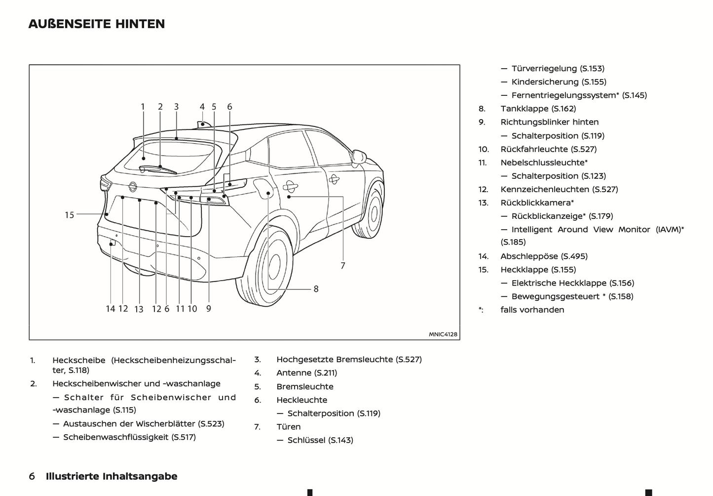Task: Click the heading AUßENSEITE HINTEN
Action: pos(97,24)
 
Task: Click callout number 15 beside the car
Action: pos(70,215)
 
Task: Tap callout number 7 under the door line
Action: pos(343,266)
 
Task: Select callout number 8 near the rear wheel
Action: pos(316,289)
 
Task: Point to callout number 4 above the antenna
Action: pos(202,107)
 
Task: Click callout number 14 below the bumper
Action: pos(110,309)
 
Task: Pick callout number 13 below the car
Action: pos(139,309)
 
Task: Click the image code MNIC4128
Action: pos(443,334)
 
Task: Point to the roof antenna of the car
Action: pos(203,123)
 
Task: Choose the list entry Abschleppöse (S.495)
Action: pos(544,256)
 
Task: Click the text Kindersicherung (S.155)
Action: pos(559,82)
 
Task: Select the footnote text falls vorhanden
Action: pos(532,310)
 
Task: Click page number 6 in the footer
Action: pos(32,476)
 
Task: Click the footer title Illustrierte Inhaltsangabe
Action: pos(112,476)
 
